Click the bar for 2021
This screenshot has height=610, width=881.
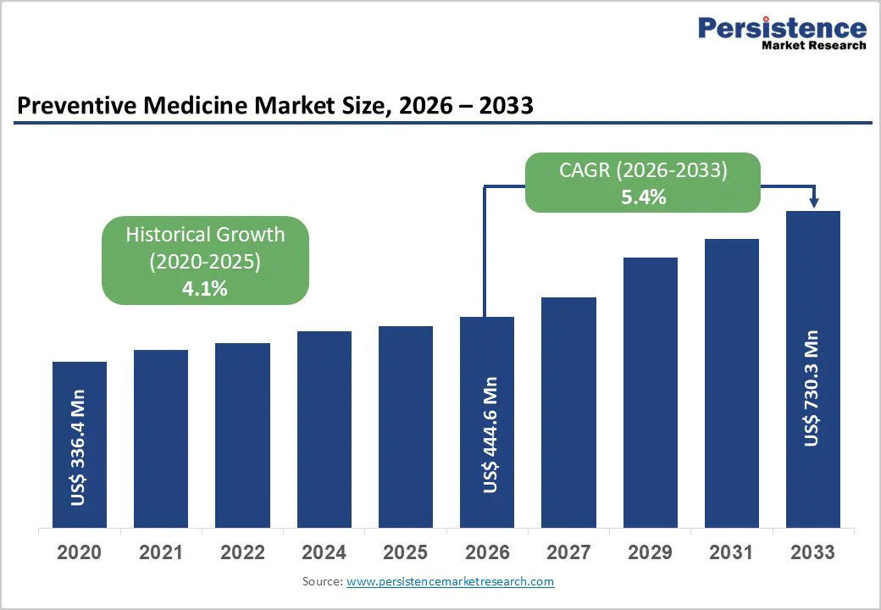(161, 439)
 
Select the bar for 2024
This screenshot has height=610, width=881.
(324, 430)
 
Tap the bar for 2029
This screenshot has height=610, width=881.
(650, 392)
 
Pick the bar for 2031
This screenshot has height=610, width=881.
(732, 384)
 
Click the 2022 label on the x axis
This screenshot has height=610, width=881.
(243, 552)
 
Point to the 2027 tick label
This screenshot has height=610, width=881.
(568, 552)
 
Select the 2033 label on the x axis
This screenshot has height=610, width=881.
(813, 552)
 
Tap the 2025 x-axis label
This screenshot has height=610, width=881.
(406, 552)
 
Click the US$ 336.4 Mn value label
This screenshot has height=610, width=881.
(78, 447)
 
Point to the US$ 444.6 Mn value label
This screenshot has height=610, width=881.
(490, 435)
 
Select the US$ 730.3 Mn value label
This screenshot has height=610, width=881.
(811, 389)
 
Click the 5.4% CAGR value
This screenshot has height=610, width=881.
(643, 197)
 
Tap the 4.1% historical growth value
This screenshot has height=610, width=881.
(205, 289)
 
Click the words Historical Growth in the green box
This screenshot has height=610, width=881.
(205, 234)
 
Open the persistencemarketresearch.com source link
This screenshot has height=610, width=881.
(450, 581)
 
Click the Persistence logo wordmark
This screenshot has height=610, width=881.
(782, 27)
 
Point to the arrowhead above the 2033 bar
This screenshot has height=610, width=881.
(814, 202)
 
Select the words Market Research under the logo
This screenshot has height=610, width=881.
(814, 46)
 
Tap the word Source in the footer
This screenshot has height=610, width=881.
(323, 581)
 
